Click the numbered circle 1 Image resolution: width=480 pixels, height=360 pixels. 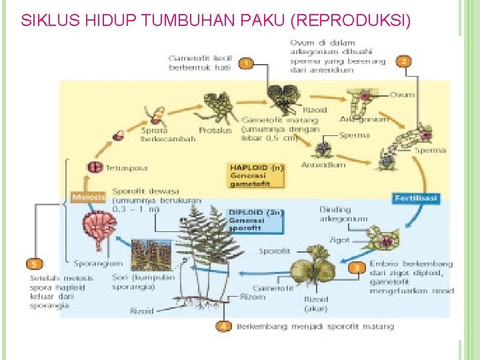(246, 63)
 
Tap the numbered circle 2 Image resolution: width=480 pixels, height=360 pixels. (403, 61)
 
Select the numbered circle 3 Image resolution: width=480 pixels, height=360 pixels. (357, 267)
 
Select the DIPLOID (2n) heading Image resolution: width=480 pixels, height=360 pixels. (256, 212)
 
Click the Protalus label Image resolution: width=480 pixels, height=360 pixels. (215, 131)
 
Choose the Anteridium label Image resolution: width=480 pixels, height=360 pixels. (323, 165)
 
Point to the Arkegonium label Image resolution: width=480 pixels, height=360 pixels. (363, 119)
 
